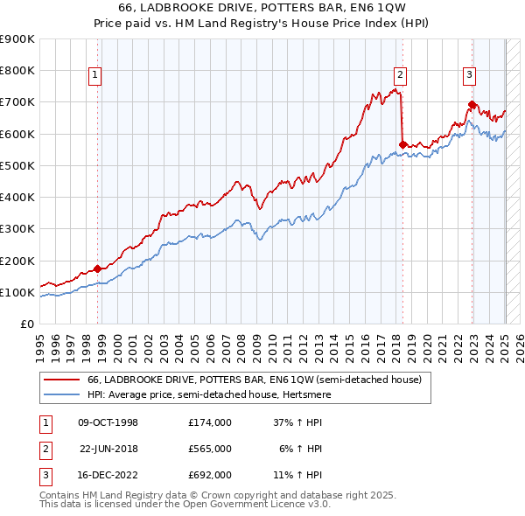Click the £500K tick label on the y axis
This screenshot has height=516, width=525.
point(17,165)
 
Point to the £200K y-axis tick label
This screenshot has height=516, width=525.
point(17,261)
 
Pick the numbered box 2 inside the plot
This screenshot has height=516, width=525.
point(399,75)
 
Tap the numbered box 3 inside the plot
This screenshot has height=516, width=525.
point(469,75)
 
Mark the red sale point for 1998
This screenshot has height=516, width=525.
point(97,268)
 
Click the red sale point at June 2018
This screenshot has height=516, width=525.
point(402,144)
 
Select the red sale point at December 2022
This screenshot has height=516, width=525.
point(472,104)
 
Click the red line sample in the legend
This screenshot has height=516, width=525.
point(62,380)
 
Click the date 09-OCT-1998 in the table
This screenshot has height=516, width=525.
point(108,422)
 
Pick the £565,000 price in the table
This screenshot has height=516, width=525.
point(209,449)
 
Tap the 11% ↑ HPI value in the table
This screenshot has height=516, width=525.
point(297,476)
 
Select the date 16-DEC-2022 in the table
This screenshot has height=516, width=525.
point(108,476)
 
